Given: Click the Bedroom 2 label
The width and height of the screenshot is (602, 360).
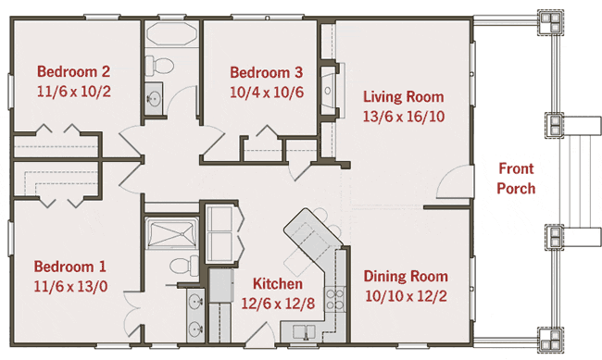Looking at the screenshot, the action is [74, 71].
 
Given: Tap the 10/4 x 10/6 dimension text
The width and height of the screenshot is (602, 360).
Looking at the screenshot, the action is [267, 93].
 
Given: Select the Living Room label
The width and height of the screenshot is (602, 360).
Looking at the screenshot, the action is [404, 96].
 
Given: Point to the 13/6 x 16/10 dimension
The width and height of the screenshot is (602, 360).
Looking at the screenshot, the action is [404, 117].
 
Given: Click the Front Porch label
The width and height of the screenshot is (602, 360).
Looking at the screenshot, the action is [516, 179].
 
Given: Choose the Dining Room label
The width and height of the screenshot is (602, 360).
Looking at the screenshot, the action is [406, 277].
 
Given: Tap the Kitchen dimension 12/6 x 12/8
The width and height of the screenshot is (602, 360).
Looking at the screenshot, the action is [278, 304].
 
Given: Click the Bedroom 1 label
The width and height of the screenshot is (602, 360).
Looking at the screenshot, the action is [69, 267].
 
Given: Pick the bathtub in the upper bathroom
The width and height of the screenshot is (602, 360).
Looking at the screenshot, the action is [171, 34].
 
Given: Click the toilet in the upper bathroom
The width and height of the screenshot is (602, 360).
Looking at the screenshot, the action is [159, 65].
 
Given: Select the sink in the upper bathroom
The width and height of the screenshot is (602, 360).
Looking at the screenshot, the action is [154, 98].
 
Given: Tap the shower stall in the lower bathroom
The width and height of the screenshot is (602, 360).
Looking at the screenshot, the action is [171, 233].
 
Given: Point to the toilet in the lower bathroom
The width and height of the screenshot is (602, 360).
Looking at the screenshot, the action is [184, 265].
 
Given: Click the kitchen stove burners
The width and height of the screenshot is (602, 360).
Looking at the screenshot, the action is [334, 300].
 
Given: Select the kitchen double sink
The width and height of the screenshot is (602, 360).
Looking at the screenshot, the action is [305, 331].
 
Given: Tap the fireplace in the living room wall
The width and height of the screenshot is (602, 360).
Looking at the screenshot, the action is [330, 90].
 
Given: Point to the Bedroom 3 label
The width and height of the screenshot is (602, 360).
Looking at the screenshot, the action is [267, 72].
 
